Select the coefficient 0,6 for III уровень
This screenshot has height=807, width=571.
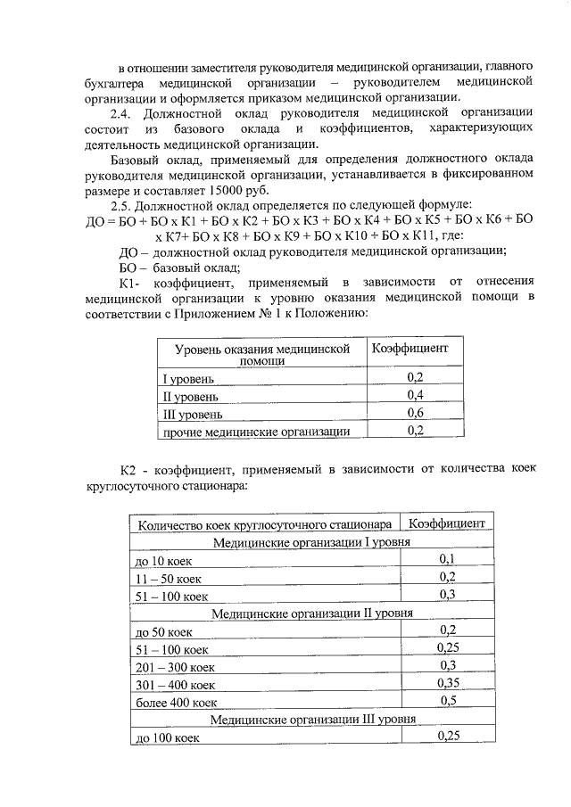coord(415,413)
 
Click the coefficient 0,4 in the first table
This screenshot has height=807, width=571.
coord(415,394)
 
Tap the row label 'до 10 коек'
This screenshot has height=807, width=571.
coord(163,561)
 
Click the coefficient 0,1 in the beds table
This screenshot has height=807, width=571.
coord(448,559)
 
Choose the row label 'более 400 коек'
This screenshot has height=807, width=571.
coord(174,703)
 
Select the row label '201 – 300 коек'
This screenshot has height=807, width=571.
coord(175,667)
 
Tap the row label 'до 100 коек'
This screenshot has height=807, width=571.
coord(166,738)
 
